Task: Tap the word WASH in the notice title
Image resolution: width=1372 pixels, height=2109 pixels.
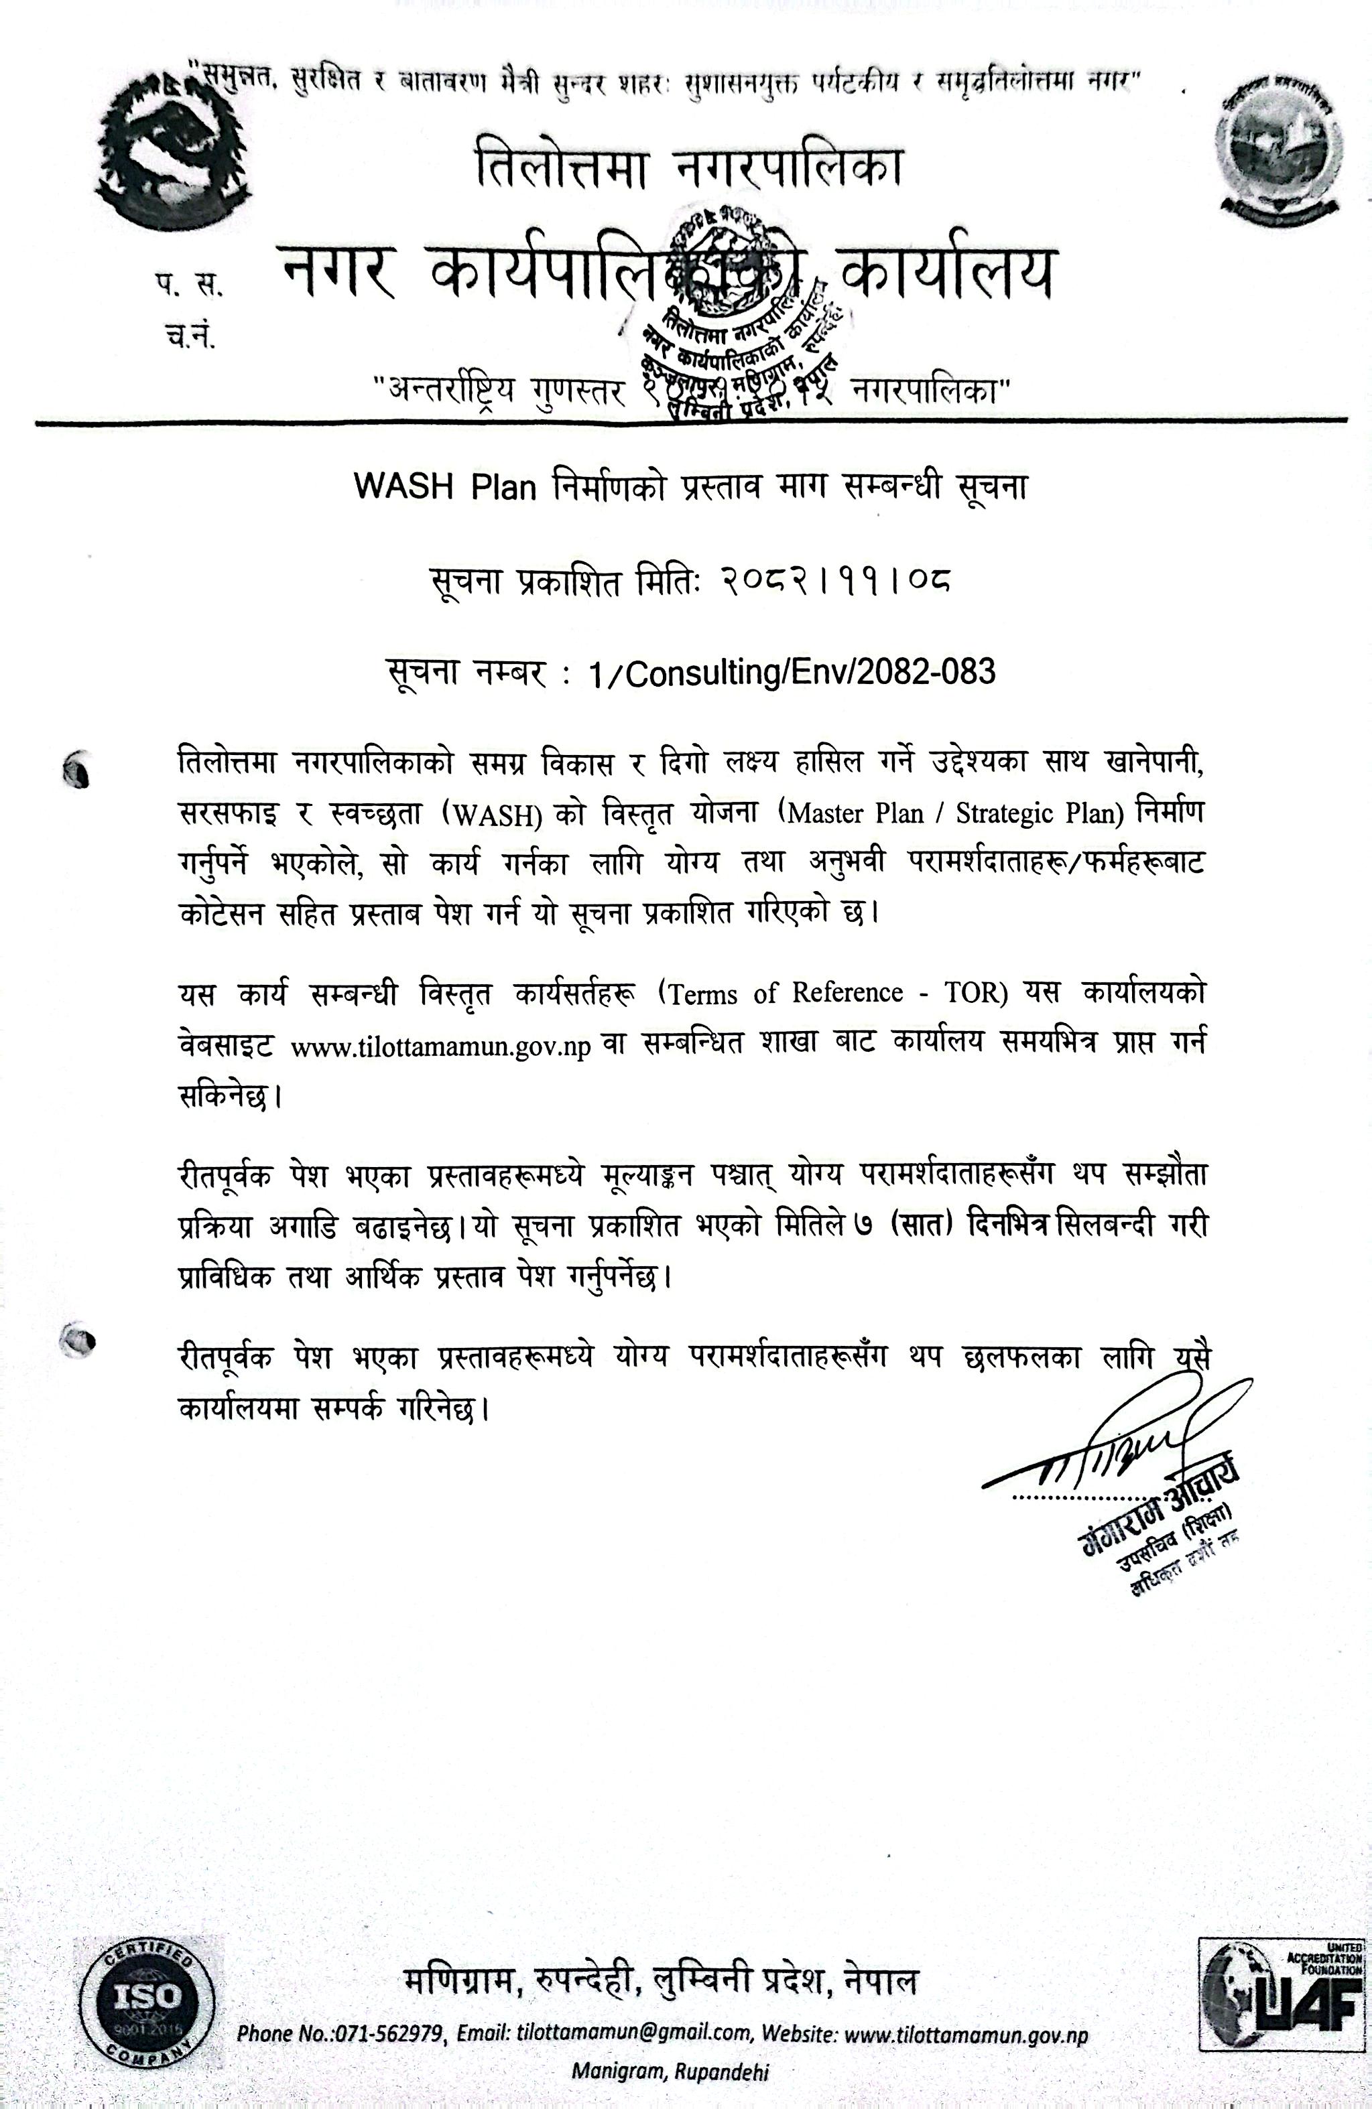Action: coord(403,486)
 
